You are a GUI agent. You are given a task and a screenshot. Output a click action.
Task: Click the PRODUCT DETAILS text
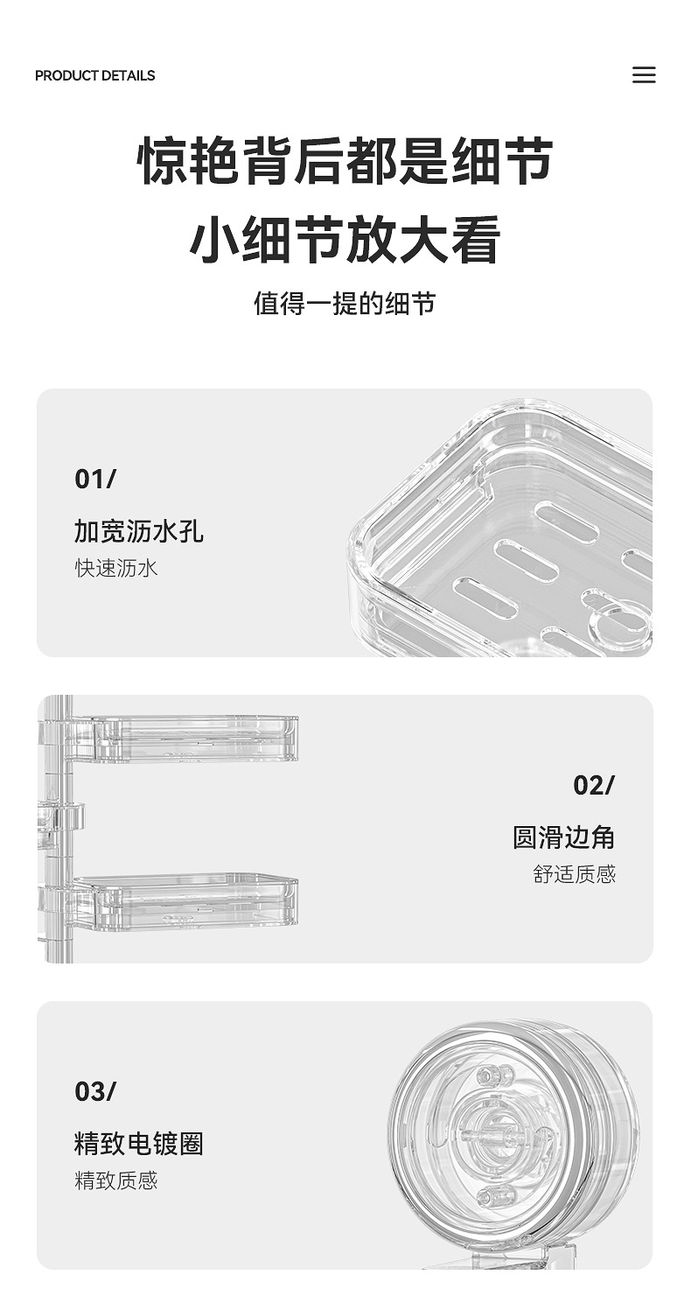pyautogui.click(x=94, y=75)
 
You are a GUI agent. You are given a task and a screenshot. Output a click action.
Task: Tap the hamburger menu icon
pyautogui.click(x=644, y=75)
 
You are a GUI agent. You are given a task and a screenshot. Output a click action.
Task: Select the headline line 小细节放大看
pyautogui.click(x=345, y=240)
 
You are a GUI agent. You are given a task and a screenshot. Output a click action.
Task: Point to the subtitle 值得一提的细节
pyautogui.click(x=345, y=304)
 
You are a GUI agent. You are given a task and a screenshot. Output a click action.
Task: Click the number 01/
pyautogui.click(x=95, y=480)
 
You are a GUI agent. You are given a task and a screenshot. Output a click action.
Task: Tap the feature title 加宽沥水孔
pyautogui.click(x=139, y=531)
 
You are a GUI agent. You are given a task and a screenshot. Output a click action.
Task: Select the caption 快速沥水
pyautogui.click(x=116, y=568)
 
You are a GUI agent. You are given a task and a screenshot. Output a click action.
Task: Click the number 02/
pyautogui.click(x=594, y=786)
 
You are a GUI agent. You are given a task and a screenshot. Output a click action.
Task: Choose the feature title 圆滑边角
pyautogui.click(x=564, y=837)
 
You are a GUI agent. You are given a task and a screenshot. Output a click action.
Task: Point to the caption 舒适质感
pyautogui.click(x=575, y=874)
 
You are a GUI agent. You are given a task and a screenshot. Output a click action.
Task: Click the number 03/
pyautogui.click(x=95, y=1092)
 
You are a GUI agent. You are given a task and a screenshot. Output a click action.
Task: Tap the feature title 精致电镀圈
pyautogui.click(x=139, y=1144)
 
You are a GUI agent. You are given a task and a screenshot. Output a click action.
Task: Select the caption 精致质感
pyautogui.click(x=116, y=1180)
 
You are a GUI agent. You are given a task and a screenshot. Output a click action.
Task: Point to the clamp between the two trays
pyautogui.click(x=63, y=817)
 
